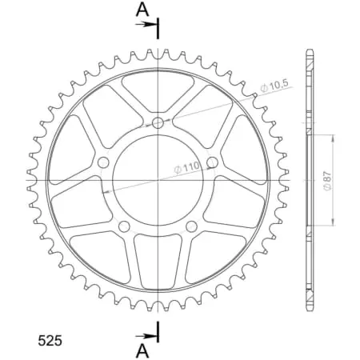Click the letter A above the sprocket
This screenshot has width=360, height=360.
pyautogui.click(x=142, y=10)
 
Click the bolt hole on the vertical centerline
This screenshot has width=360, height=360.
pyautogui.click(x=158, y=122)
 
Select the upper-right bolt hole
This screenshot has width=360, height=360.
pyautogui.click(x=212, y=162)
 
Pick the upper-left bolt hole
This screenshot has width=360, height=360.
pyautogui.click(x=103, y=162)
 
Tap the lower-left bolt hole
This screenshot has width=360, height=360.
pyautogui.click(x=124, y=227)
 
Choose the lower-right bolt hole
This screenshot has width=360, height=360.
pyautogui.click(x=192, y=227)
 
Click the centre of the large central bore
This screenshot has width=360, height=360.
pyautogui.click(x=158, y=180)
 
